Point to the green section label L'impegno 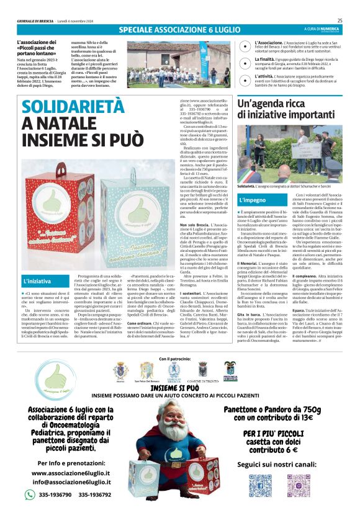pos(253,201)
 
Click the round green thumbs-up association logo pos(60,383)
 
